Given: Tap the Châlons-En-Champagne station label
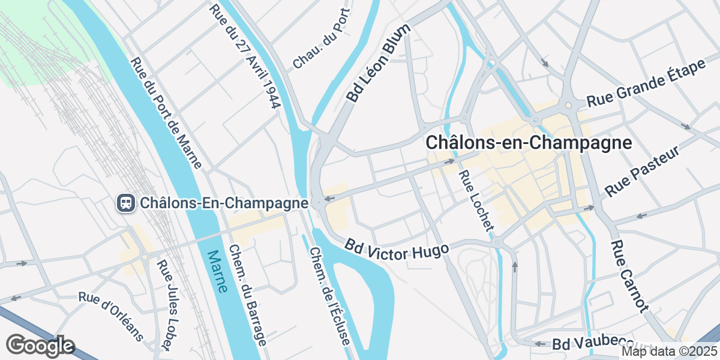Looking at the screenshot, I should coord(224,203).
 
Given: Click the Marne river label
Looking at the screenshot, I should coord(217,271).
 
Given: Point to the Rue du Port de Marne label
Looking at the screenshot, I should coord(166,112).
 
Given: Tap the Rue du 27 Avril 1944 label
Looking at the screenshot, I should coord(245,57).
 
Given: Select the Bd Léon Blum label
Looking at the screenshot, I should coord(378,62).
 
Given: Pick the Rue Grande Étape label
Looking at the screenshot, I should coord(646,83).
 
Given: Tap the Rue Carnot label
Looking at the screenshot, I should coord(630,277).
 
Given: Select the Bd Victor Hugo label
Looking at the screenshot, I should coord(396,248).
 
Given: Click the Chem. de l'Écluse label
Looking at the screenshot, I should coord(329,296).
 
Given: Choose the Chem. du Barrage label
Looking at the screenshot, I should coord(247,296).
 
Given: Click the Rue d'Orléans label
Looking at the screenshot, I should coord(111,316).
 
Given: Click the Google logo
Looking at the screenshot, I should coord(40,346).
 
